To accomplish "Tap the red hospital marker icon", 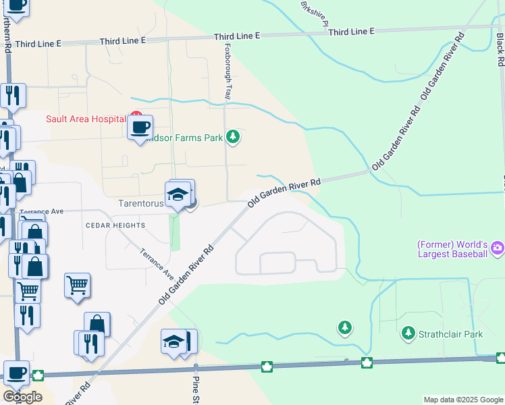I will [x=136, y=115].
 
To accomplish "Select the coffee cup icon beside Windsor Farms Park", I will [x=140, y=127].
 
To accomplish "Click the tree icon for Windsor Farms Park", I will [x=233, y=138].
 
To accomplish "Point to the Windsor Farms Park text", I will [x=190, y=138].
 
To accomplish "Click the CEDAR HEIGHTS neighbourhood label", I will [x=115, y=225].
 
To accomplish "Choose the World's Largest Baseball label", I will [x=452, y=249].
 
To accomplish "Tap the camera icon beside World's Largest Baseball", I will [x=498, y=248].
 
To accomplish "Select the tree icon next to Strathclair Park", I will [x=408, y=333].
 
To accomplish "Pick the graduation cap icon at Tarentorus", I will [x=178, y=194].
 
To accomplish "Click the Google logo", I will [x=22, y=397].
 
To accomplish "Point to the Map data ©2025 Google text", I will [x=464, y=400].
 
